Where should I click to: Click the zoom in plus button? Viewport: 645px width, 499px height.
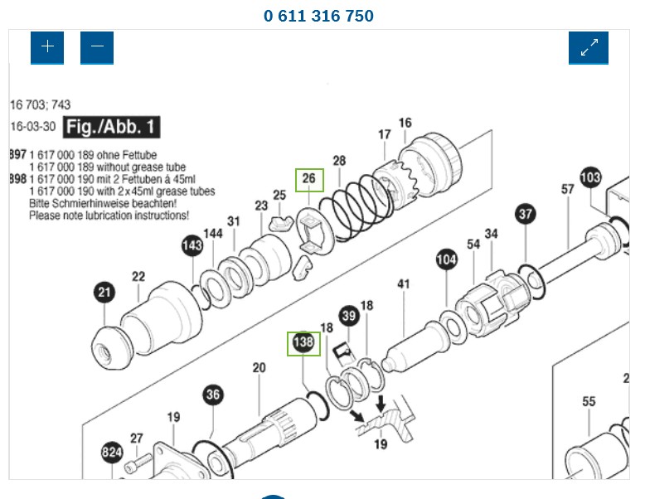point(47,47)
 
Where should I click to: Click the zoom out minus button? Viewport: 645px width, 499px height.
point(97,47)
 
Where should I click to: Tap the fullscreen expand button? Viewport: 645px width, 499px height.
point(589,47)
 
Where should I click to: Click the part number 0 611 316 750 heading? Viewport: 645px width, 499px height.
point(318,16)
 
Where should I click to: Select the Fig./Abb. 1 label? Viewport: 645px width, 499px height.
point(112,128)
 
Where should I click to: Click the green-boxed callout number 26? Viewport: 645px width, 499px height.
point(309,179)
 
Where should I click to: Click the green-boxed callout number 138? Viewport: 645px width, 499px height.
point(303,343)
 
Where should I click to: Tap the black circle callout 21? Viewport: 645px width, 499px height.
point(104,292)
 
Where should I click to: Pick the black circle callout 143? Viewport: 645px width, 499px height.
point(192,245)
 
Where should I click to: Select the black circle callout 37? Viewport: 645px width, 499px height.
point(526,215)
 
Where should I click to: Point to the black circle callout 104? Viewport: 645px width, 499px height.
point(447,260)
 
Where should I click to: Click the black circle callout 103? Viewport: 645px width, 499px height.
point(590,177)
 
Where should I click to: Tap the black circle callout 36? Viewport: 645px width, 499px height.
point(213,395)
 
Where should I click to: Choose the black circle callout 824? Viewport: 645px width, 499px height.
point(113,453)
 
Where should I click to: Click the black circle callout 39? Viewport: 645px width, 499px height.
point(349,315)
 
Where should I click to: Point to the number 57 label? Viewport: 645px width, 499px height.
point(567,190)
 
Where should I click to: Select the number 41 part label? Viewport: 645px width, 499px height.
point(404,284)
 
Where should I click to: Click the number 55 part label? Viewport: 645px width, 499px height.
point(589,402)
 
